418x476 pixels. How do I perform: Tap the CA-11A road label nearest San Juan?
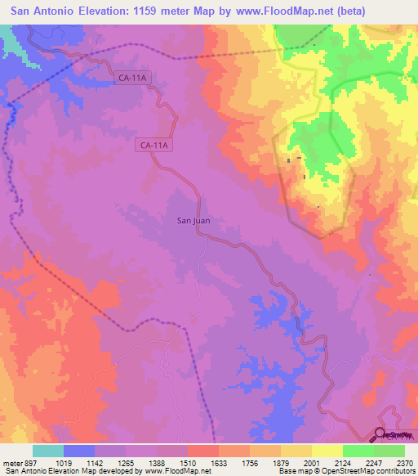pyautogui.click(x=153, y=146)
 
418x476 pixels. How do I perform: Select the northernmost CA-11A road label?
pyautogui.click(x=133, y=78)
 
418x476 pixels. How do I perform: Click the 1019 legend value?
pyautogui.click(x=64, y=461)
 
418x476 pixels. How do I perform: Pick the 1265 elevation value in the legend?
pyautogui.click(x=126, y=461)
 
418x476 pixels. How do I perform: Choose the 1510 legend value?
pyautogui.click(x=188, y=461)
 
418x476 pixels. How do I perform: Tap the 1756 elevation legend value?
pyautogui.click(x=250, y=461)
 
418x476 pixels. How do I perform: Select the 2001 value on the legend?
pyautogui.click(x=312, y=461)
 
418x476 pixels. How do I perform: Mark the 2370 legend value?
pyautogui.click(x=404, y=461)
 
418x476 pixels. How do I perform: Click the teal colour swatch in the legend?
pyautogui.click(x=48, y=451)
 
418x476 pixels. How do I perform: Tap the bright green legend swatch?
pyautogui.click(x=358, y=451)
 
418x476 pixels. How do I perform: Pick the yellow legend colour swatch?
pyautogui.click(x=327, y=451)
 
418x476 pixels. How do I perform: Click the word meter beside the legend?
pyautogui.click(x=10, y=461)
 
